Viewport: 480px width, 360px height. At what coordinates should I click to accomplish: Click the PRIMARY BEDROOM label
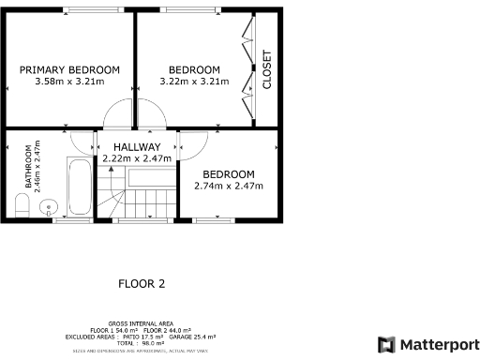tap(70, 69)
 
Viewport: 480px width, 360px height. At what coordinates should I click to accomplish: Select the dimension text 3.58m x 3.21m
tap(70, 82)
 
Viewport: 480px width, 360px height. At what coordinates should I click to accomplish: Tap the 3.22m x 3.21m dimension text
tap(194, 82)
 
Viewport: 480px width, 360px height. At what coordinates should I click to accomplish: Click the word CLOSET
tap(266, 69)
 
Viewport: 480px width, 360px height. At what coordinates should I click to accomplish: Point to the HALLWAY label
tap(137, 147)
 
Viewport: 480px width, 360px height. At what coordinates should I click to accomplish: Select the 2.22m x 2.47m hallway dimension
tap(137, 158)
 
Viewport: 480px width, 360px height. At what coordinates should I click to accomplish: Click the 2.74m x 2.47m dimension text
tap(229, 186)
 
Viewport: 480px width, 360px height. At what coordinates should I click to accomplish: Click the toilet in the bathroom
tap(22, 206)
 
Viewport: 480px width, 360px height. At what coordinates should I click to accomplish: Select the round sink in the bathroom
tap(51, 206)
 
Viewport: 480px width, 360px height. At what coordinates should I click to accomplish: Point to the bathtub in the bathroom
tap(80, 187)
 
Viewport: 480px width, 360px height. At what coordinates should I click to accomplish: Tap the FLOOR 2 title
tap(142, 283)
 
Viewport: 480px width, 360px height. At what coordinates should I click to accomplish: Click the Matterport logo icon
tap(386, 344)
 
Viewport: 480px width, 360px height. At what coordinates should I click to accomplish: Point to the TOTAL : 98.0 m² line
tap(141, 342)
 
